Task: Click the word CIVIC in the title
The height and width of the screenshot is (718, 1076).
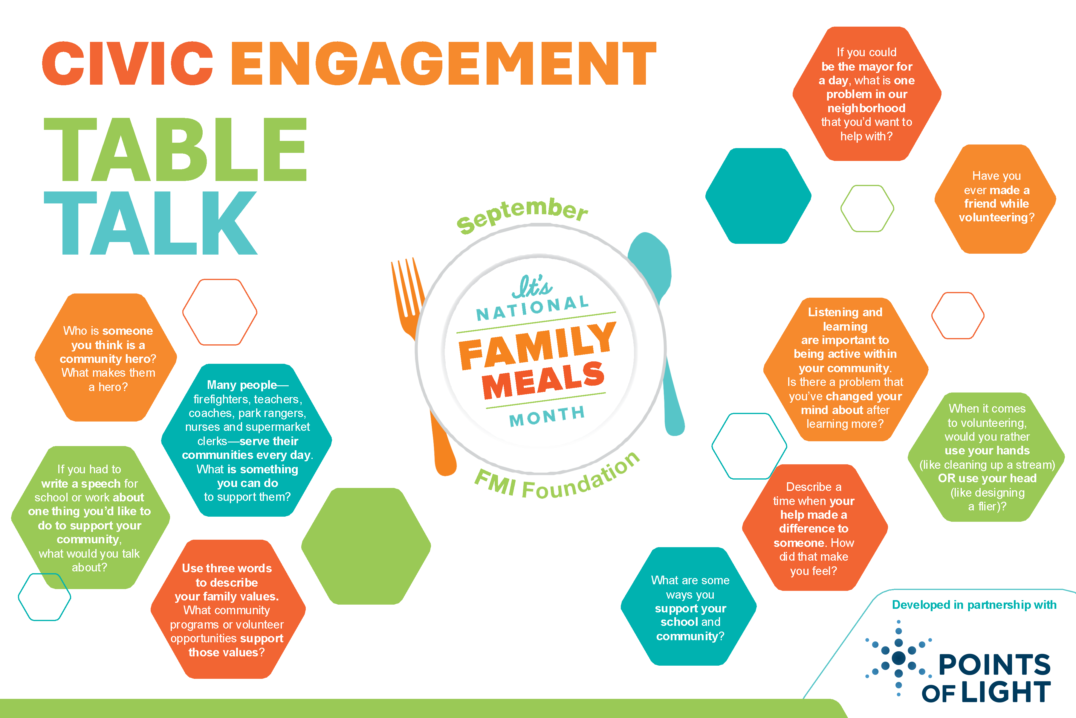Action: [128, 63]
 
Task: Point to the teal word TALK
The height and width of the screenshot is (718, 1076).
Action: [151, 223]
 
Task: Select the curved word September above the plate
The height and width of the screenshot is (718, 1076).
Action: [522, 214]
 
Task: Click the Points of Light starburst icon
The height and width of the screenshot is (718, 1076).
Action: [898, 658]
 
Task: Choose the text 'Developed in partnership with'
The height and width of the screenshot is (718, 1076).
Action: [974, 605]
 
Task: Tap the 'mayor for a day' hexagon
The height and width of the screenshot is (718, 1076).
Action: [866, 94]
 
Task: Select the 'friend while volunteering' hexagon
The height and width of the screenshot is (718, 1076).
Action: [996, 199]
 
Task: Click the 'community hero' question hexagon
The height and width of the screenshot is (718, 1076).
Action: [106, 357]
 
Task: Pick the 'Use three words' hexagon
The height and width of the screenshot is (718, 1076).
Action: [228, 609]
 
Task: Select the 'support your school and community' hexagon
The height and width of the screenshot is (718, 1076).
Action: [689, 606]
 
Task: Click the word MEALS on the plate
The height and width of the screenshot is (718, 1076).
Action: [543, 380]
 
